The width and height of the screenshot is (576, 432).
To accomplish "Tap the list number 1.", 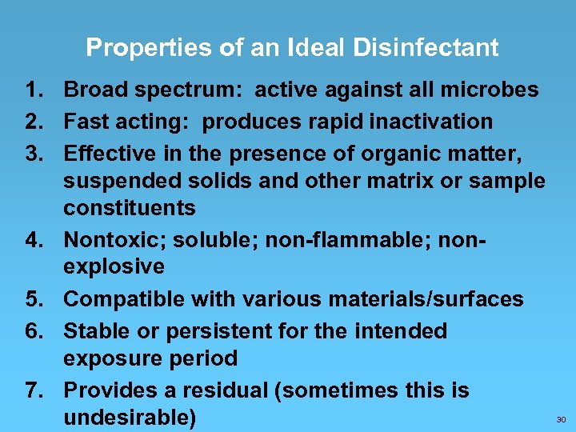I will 32,90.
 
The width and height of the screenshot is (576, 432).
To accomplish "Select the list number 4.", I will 32,239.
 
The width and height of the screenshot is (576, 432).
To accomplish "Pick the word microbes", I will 493,90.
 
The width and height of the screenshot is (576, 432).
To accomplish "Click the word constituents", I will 130,209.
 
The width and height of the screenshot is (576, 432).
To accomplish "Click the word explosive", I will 114,266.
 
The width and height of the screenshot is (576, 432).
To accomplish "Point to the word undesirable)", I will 130,418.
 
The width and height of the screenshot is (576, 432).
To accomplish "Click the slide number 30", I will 560,419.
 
